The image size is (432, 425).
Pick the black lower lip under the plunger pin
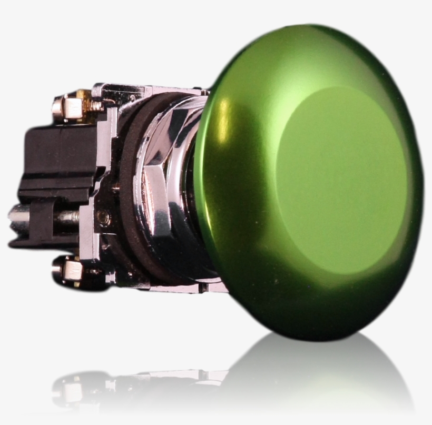pos(42,242)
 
